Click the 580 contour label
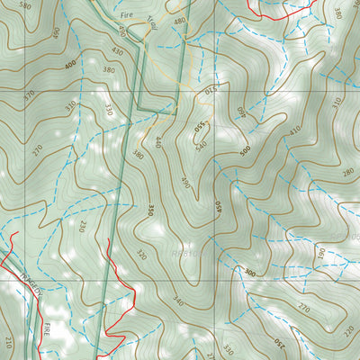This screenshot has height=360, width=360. pos(25,6)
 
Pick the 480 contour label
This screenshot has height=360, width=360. pos(179,21)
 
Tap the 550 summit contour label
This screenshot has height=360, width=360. pos(200,129)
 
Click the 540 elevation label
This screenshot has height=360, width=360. pos(200,144)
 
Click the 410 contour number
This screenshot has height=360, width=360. pos(295,130)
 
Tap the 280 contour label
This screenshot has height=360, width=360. pos(348,171)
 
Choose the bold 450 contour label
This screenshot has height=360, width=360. pos(218,207)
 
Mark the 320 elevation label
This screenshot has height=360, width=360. pos(139,255)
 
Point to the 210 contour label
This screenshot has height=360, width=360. pos(8,342)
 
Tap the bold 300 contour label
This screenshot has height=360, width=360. pos(249,272)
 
